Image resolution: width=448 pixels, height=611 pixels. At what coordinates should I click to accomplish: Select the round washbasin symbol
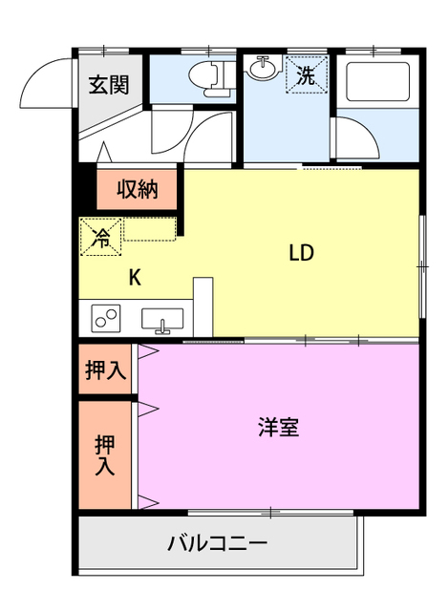coord(261,69)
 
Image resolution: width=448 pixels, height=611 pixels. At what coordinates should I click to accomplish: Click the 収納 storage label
coord(137,189)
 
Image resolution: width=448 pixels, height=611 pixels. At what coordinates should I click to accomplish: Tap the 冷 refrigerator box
coord(100,238)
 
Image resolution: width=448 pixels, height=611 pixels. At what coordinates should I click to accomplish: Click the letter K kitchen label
coord(135,278)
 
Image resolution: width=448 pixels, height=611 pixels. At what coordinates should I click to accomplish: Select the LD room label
coord(302,253)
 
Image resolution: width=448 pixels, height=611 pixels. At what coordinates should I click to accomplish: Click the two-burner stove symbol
coord(105,317)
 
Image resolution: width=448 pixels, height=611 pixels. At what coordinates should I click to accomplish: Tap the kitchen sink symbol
coord(163,319)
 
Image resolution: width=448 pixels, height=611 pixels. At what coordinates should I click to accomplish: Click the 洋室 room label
coord(278,427)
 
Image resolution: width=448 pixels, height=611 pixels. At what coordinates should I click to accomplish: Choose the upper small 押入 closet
coord(103,370)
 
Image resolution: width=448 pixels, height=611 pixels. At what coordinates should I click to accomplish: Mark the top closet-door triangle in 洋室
coord(147,352)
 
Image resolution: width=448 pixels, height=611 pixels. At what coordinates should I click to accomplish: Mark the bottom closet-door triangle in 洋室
coord(147,502)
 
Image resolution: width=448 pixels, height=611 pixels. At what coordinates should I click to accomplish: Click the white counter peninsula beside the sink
coord(203,305)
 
